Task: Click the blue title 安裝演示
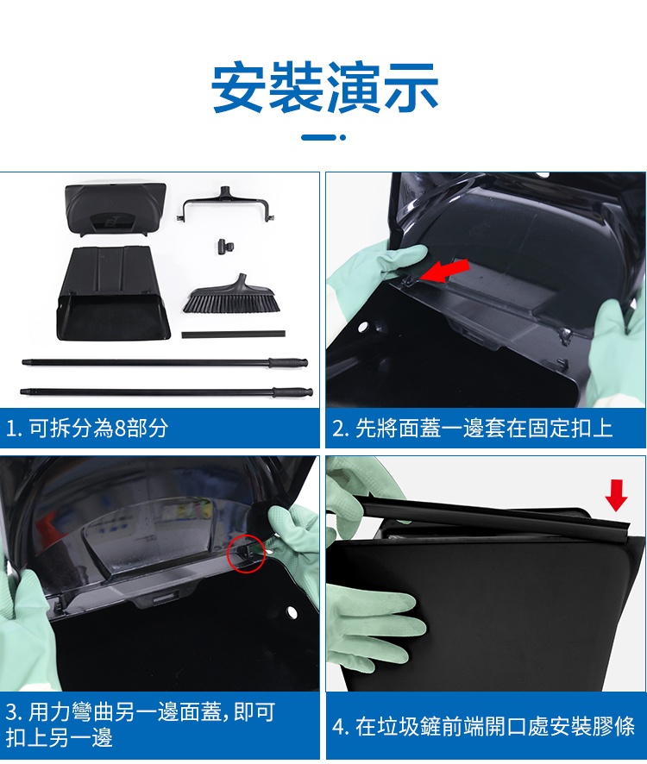pyautogui.click(x=324, y=88)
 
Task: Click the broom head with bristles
pyautogui.click(x=232, y=295)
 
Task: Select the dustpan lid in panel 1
pyautogui.click(x=115, y=209)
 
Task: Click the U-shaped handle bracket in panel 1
pyautogui.click(x=227, y=204)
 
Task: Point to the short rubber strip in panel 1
pyautogui.click(x=233, y=335)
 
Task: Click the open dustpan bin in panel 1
pyautogui.click(x=113, y=294)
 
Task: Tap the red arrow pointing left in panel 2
pyautogui.click(x=444, y=271)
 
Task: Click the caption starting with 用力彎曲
pyautogui.click(x=141, y=724)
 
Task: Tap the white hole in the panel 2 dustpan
pyautogui.click(x=362, y=327)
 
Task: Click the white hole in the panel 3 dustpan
pyautogui.click(x=292, y=612)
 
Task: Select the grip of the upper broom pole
pyautogui.click(x=288, y=363)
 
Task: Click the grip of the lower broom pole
pyautogui.click(x=292, y=392)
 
